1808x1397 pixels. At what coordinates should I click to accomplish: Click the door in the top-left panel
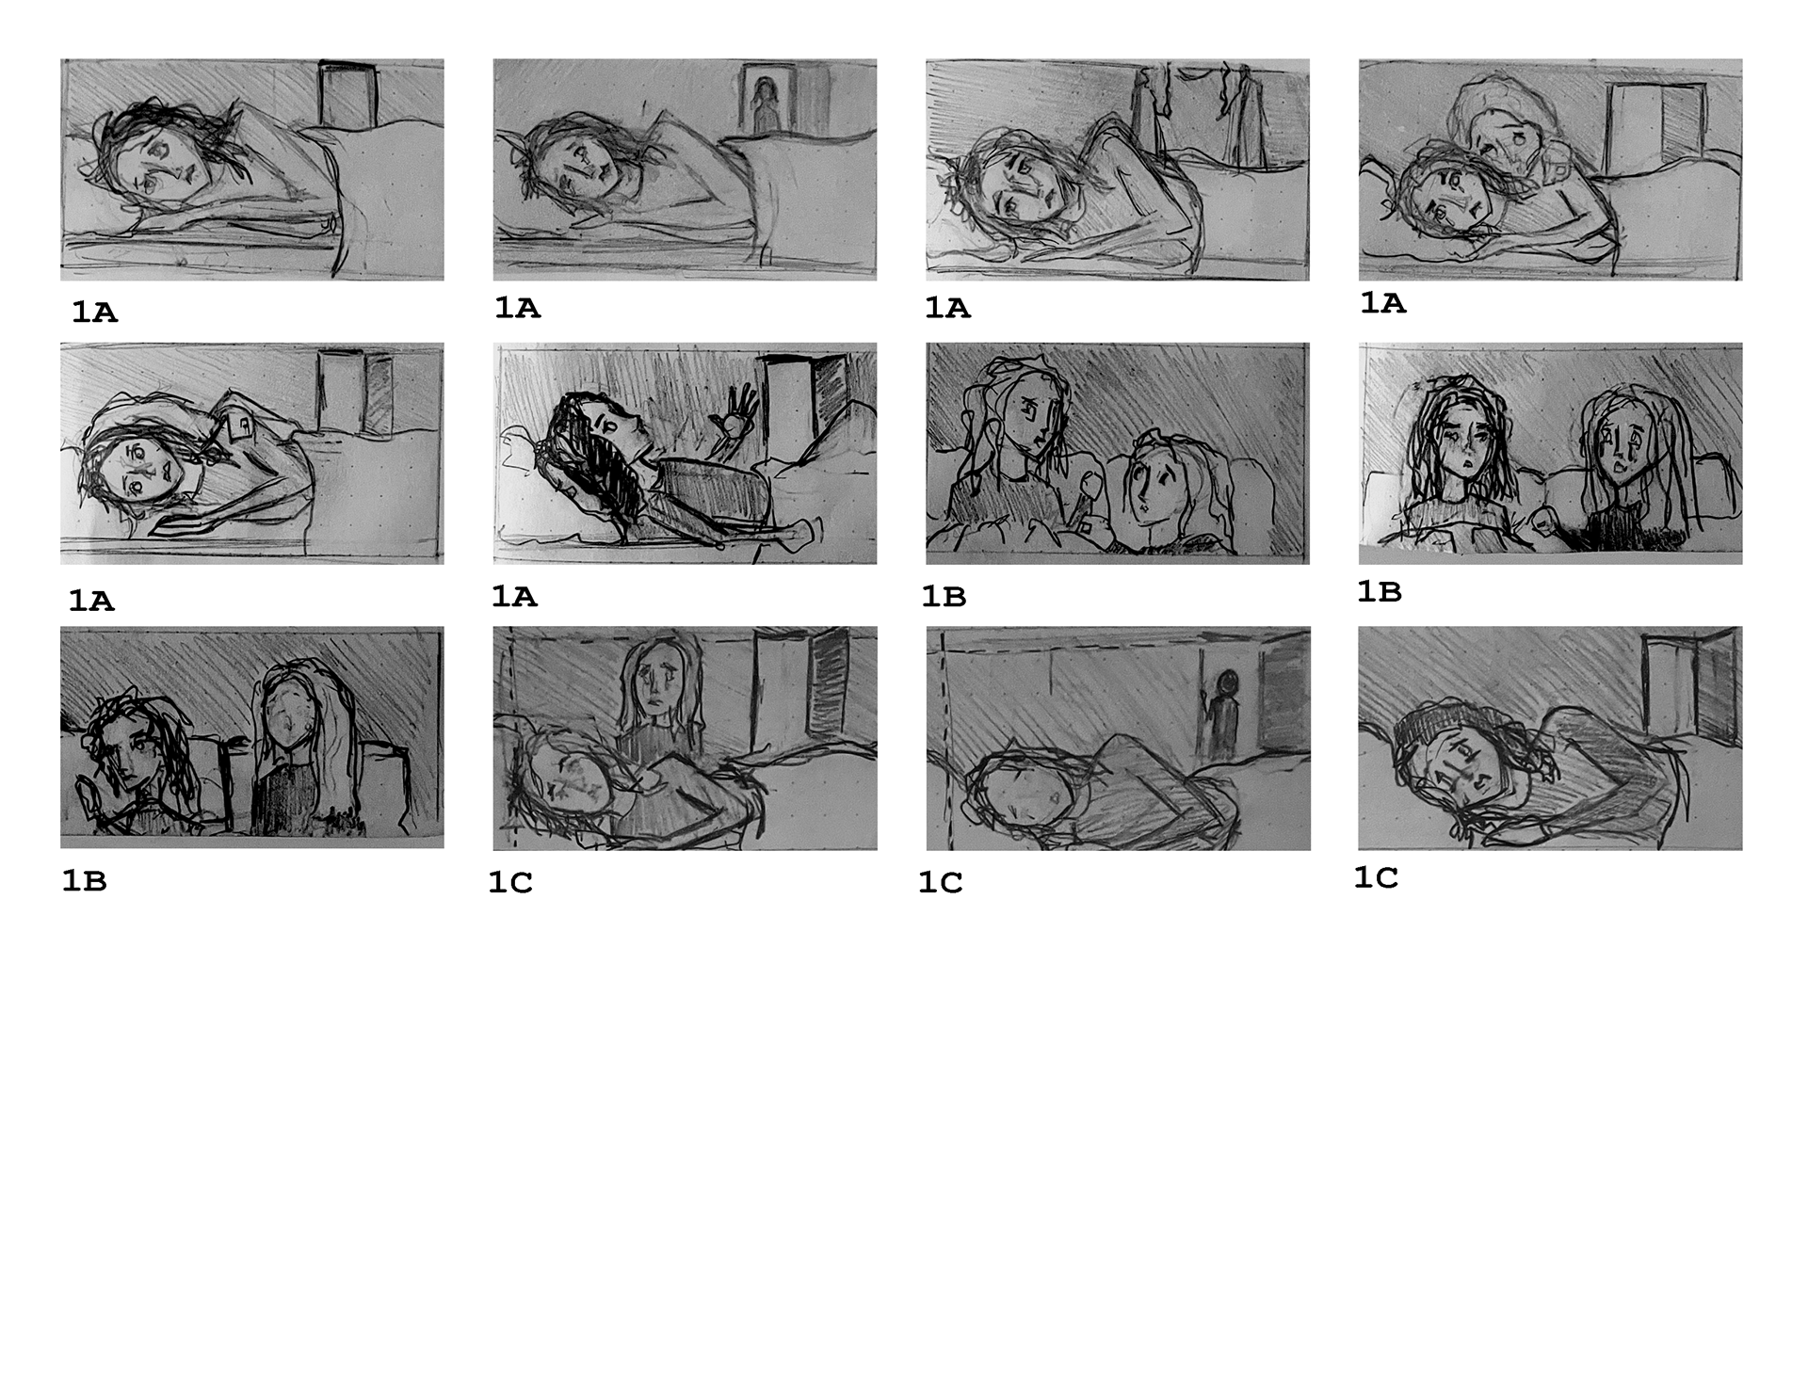348,94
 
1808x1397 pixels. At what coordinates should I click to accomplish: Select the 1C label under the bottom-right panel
1376,878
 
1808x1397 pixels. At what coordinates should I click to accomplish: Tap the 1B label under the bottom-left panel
84,881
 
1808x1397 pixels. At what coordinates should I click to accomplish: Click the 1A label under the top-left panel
94,313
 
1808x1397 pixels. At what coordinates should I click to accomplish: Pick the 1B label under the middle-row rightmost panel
1379,592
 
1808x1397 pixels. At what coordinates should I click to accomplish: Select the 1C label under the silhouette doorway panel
941,883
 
